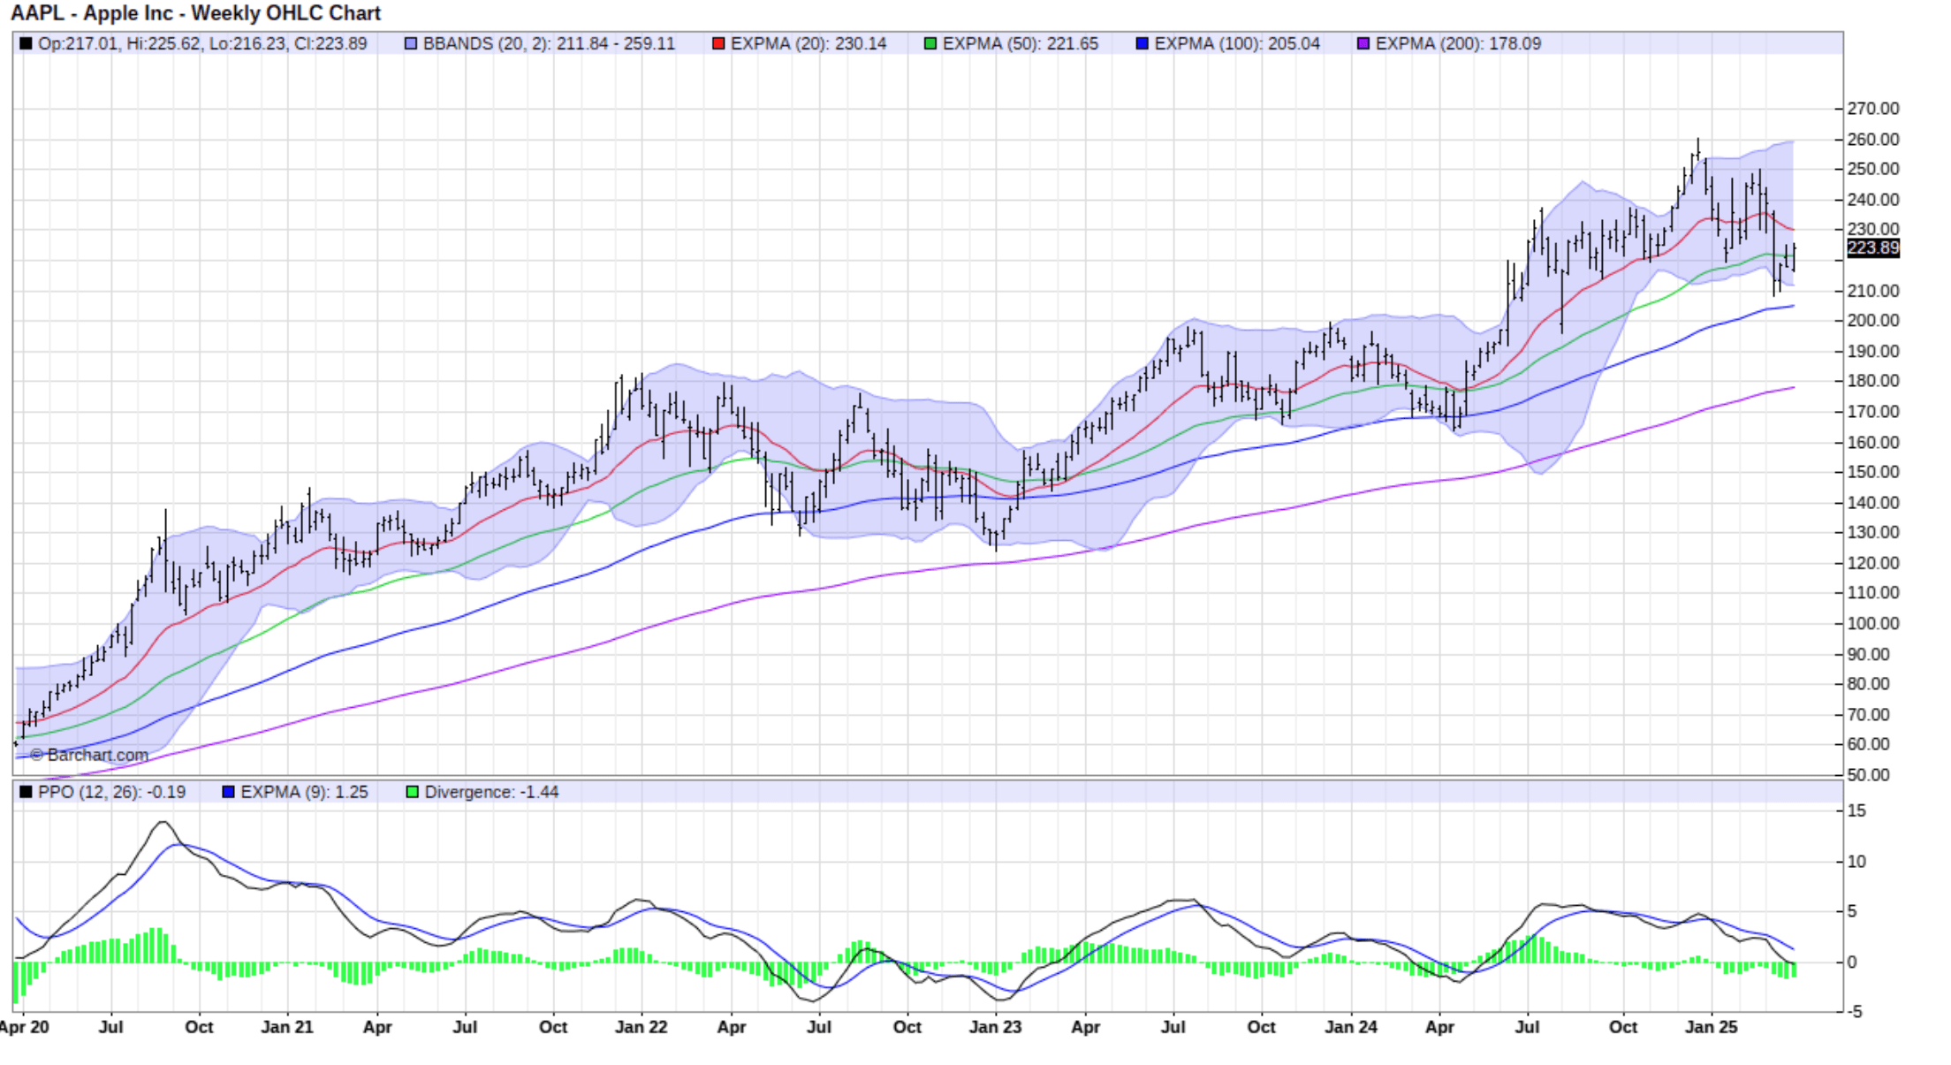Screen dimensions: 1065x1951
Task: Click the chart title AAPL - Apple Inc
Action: [x=194, y=13]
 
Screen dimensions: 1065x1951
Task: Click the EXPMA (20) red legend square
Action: [x=718, y=43]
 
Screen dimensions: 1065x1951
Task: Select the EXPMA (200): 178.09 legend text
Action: [x=1458, y=43]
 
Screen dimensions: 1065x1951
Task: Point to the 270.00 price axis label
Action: [x=1872, y=109]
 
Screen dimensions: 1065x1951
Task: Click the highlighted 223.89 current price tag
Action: [x=1872, y=248]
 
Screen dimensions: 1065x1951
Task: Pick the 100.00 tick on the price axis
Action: [x=1872, y=623]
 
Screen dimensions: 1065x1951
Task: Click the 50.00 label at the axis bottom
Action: [x=1868, y=775]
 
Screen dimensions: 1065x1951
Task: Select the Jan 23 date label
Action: [x=995, y=1027]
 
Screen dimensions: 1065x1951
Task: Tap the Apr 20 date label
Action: [x=25, y=1027]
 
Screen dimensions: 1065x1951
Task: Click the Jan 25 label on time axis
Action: [x=1712, y=1027]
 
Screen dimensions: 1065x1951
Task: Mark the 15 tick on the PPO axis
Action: [x=1856, y=810]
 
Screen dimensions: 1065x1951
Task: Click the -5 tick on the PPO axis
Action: [x=1855, y=1012]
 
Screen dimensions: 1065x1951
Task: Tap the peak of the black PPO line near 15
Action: [x=163, y=823]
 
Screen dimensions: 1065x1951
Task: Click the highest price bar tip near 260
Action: [x=1697, y=141]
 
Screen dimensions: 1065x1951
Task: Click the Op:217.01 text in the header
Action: [x=77, y=43]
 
